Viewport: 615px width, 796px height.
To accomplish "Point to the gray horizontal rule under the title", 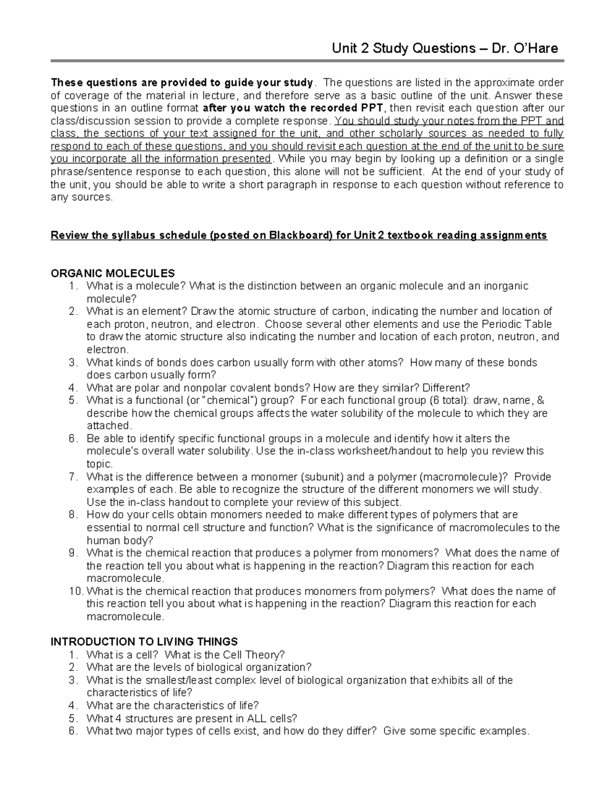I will tap(307, 61).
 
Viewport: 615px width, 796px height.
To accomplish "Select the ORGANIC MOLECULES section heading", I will tap(113, 273).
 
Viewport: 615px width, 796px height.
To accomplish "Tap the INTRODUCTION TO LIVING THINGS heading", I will tap(144, 642).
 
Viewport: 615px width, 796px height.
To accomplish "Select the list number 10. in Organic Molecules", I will tap(75, 591).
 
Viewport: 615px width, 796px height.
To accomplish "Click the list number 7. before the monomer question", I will tap(73, 477).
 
